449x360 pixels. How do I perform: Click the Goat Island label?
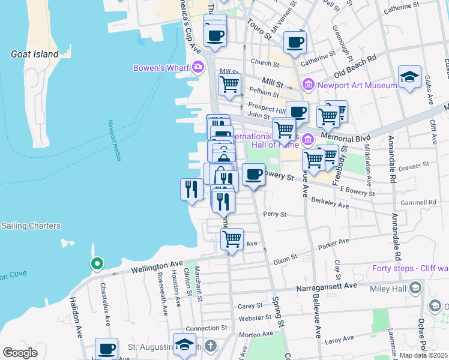pyautogui.click(x=35, y=54)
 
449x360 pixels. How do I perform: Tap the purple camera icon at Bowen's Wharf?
pyautogui.click(x=196, y=67)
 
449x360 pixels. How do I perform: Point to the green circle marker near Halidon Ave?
pyautogui.click(x=96, y=263)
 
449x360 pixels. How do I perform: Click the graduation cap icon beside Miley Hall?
pyautogui.click(x=414, y=289)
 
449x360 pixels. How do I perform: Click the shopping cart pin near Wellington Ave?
pyautogui.click(x=232, y=239)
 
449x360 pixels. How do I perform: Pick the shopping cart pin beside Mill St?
pyautogui.click(x=229, y=86)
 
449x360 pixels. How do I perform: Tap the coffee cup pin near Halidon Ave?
pyautogui.click(x=107, y=349)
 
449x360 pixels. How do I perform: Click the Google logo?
pyautogui.click(x=20, y=353)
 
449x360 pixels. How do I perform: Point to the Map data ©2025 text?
pyautogui.click(x=423, y=355)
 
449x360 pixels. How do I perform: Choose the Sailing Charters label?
pyautogui.click(x=31, y=226)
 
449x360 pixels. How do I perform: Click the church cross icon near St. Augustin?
pyautogui.click(x=210, y=346)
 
